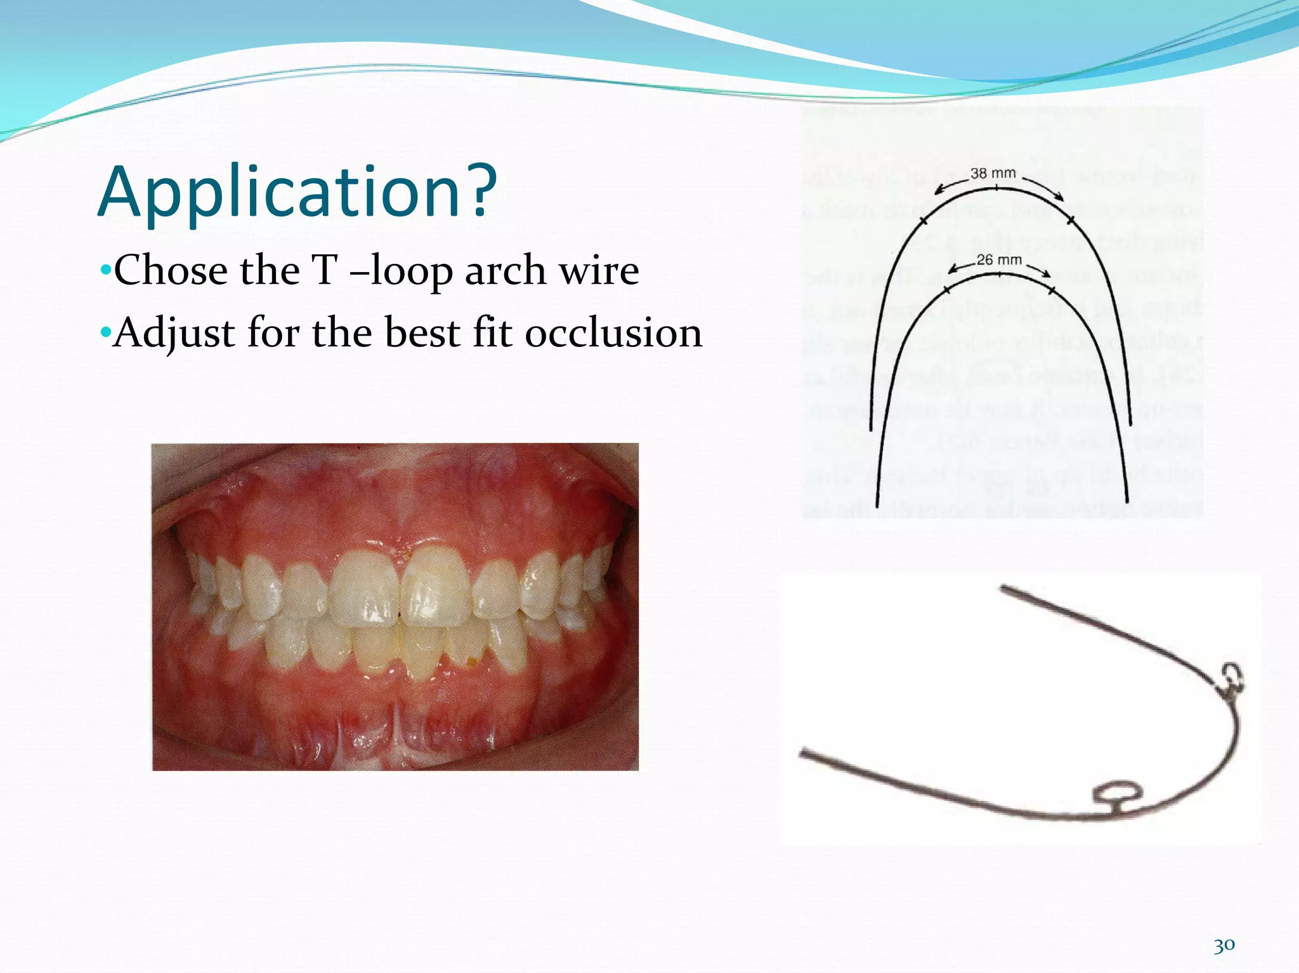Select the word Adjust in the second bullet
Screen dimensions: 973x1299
point(176,334)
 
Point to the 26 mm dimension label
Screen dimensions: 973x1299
point(999,260)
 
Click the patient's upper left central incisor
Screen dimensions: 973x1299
point(436,587)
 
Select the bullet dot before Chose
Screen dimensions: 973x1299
point(105,271)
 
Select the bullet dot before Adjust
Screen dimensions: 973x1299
point(105,332)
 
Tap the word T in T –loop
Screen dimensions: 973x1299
point(325,271)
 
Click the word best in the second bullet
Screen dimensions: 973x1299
point(424,334)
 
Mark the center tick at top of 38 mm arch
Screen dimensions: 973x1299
point(996,188)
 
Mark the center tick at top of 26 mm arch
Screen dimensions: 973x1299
point(1000,275)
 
